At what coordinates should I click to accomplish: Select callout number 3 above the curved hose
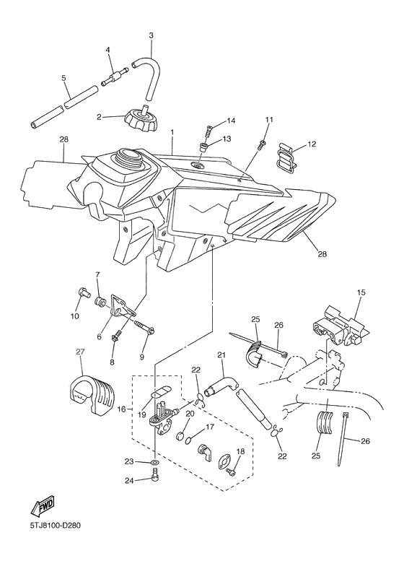tap(151, 35)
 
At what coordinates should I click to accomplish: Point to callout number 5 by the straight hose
tap(107, 50)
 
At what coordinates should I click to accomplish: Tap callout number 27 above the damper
tap(80, 352)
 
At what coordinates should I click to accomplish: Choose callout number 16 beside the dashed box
tap(121, 409)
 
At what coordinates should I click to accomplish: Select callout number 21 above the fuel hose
tap(222, 355)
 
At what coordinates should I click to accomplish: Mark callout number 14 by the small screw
tap(232, 121)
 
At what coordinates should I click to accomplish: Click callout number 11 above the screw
tap(269, 120)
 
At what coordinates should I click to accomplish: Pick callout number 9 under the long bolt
tap(142, 356)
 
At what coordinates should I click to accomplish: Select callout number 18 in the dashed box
tap(240, 451)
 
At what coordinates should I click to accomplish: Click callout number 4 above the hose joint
tap(107, 50)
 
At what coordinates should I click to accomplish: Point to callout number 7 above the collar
tap(97, 274)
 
